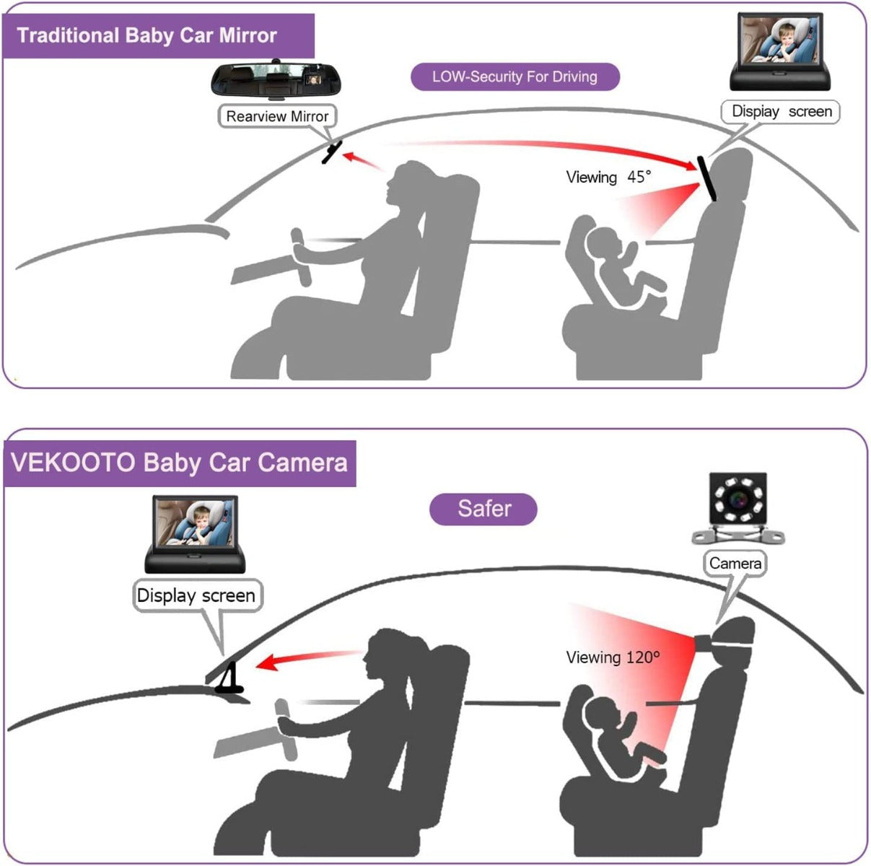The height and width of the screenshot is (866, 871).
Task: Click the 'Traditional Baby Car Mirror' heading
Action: [x=147, y=35]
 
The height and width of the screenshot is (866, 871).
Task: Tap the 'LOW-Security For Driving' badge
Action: [x=515, y=76]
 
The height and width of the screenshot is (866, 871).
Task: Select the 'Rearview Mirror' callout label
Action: [x=277, y=116]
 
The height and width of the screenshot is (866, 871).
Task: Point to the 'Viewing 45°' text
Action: [x=608, y=177]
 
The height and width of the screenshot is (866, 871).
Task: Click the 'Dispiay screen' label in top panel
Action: [x=782, y=112]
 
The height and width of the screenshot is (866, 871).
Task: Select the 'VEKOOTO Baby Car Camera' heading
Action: [x=180, y=463]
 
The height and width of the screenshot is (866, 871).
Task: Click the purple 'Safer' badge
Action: [x=483, y=509]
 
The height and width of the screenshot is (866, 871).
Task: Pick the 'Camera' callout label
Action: [x=735, y=563]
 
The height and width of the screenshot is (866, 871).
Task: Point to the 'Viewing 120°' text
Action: [x=613, y=657]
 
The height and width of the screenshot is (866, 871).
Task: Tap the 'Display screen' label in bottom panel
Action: [x=196, y=595]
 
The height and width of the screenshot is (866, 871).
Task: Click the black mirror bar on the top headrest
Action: [x=706, y=179]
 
